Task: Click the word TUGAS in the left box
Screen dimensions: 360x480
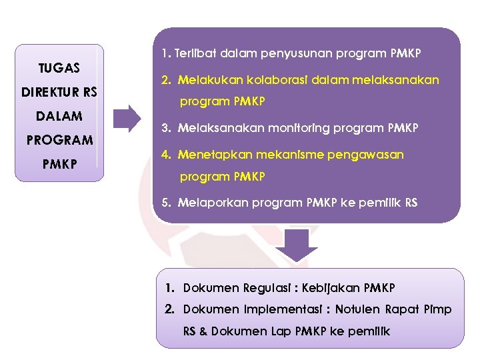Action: point(59,68)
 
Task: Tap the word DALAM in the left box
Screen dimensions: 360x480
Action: point(59,116)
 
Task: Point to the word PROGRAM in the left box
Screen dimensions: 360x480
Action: point(59,140)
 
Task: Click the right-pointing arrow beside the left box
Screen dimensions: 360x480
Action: point(127,118)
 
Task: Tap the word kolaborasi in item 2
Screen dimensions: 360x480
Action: point(260,80)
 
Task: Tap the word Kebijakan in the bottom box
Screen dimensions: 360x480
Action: point(331,288)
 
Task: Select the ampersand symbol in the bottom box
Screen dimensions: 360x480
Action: point(203,331)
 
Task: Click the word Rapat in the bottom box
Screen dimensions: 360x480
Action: point(406,309)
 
